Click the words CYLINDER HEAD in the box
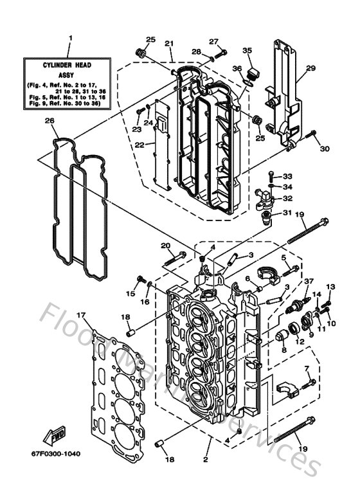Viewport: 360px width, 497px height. point(70,65)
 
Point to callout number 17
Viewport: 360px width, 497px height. point(81,314)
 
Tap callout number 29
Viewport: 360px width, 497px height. point(310,68)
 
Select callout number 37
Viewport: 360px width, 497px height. point(309,281)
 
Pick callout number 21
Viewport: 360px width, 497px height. point(169,43)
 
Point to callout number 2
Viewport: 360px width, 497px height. point(206,460)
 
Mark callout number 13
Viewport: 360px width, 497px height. point(331,286)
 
